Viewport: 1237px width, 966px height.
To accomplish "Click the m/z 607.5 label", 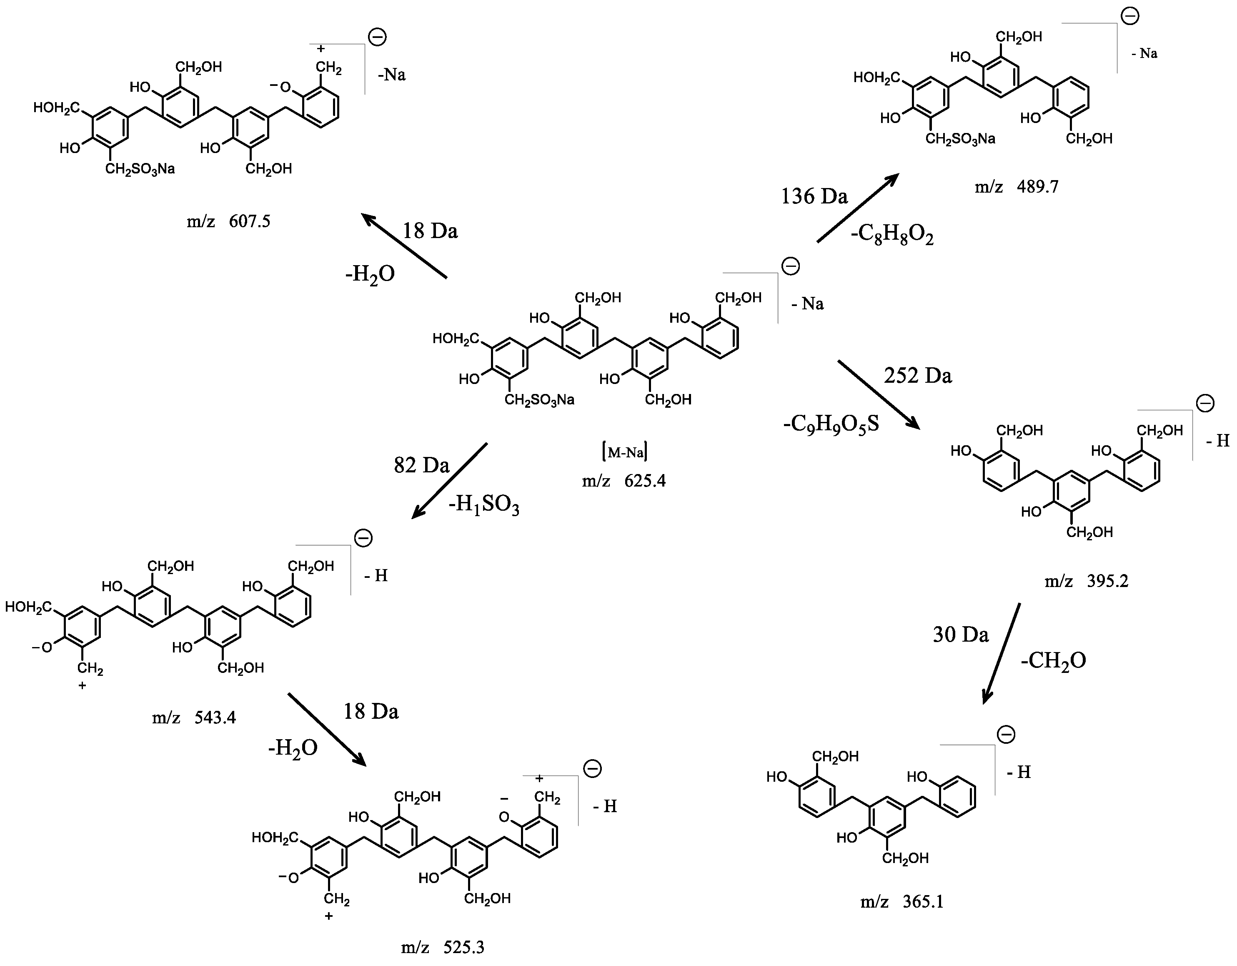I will click(x=228, y=221).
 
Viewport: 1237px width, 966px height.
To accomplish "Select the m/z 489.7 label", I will click(x=1016, y=186).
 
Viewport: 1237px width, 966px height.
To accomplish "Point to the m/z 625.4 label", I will click(x=624, y=481).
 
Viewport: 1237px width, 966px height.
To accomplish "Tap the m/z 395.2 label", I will click(x=1087, y=581).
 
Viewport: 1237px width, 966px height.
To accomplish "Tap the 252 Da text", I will click(x=918, y=376).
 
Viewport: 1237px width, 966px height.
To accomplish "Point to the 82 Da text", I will click(x=421, y=465).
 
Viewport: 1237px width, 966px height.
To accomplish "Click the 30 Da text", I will click(x=961, y=635).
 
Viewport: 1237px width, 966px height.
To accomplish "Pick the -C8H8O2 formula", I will click(x=891, y=235).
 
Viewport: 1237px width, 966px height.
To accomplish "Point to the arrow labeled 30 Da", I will click(x=1001, y=653).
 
